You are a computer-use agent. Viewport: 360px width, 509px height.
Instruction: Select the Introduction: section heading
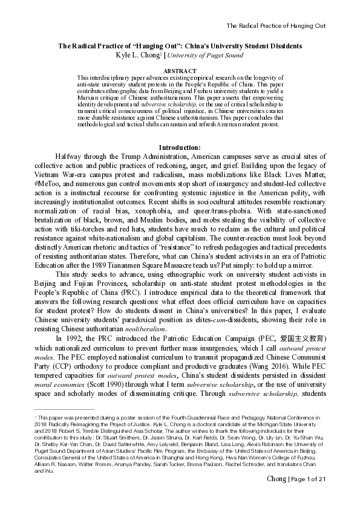pos(180,148)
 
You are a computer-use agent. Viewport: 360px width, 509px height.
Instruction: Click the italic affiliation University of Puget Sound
pos(206,56)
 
